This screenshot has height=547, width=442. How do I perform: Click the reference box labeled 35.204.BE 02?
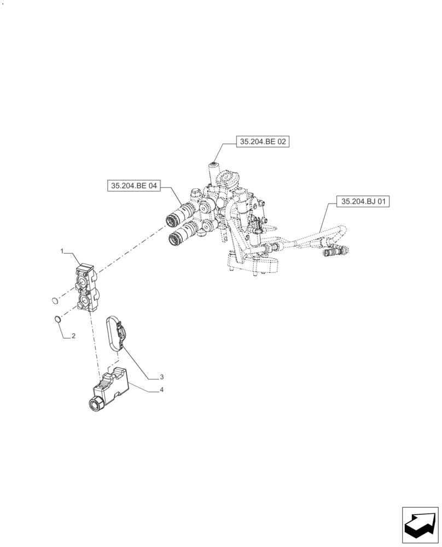(x=262, y=142)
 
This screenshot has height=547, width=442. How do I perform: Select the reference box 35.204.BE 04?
(x=134, y=186)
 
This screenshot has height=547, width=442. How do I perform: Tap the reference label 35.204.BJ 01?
(x=364, y=202)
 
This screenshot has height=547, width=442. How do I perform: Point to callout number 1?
(x=62, y=251)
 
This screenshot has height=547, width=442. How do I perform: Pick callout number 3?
(x=162, y=377)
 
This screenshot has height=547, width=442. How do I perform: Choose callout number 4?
(x=162, y=390)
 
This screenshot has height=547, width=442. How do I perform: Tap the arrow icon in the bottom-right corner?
(x=420, y=525)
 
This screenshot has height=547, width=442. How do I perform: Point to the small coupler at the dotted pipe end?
(x=344, y=250)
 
